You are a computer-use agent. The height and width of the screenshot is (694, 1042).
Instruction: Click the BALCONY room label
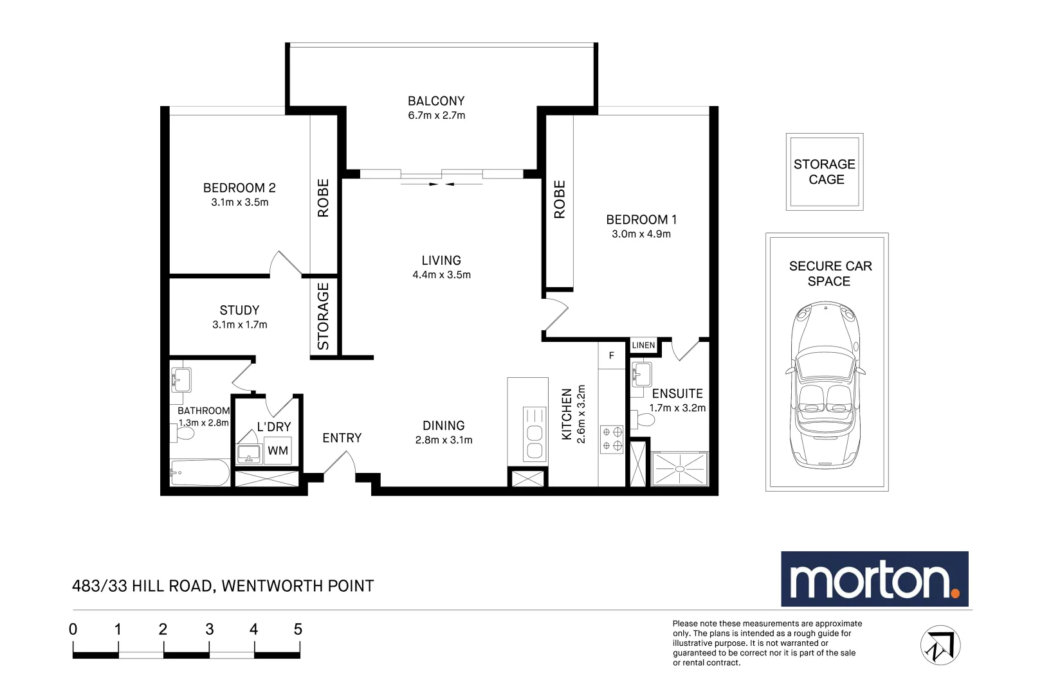coord(435,102)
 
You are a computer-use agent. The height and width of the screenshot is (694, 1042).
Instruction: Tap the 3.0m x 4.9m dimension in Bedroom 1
coord(641,235)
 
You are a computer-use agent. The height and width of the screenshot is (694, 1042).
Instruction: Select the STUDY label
coord(239,310)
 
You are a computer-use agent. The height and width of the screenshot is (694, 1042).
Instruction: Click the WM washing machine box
coord(278,450)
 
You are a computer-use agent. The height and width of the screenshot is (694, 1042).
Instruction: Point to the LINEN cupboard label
coord(643,346)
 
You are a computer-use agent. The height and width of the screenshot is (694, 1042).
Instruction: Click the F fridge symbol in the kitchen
coord(611,355)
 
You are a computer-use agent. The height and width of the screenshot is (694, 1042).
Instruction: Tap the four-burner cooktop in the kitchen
coord(612,439)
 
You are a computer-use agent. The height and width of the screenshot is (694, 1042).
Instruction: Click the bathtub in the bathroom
coord(200,473)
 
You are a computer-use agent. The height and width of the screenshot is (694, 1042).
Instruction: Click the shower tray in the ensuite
coord(680,469)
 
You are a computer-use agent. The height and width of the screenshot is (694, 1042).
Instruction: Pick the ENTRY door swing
coord(341,464)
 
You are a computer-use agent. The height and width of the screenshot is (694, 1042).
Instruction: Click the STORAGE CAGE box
coord(825,172)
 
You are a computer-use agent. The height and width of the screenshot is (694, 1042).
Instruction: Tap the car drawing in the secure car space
coord(826,386)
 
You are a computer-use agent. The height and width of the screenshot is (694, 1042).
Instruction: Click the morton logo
coord(874,579)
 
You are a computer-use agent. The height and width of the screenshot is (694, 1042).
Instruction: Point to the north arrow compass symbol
coord(940,645)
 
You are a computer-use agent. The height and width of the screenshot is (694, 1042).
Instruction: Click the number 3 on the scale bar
coord(209,630)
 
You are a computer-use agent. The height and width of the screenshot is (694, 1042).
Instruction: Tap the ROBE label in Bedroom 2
coord(324,198)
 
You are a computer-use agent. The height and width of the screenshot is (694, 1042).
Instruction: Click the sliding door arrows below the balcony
coord(441,184)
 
